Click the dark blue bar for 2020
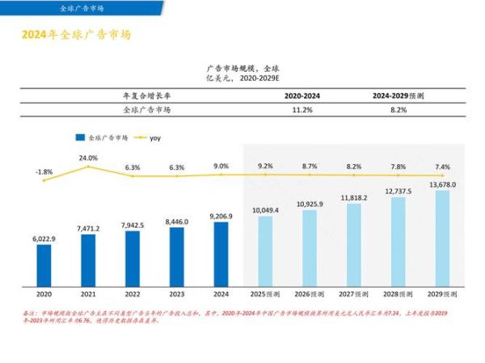(x=44, y=264)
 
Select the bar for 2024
(x=221, y=253)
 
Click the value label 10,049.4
(x=265, y=210)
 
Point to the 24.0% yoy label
(x=88, y=158)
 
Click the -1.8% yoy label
(x=44, y=171)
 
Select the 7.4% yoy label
(x=442, y=167)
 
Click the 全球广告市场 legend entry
(x=102, y=137)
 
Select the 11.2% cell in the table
(x=302, y=108)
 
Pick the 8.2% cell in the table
(x=398, y=108)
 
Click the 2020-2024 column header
(x=302, y=95)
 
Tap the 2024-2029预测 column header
(x=398, y=95)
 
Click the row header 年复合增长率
(x=146, y=95)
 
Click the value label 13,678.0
(x=442, y=185)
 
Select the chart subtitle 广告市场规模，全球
(x=242, y=69)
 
